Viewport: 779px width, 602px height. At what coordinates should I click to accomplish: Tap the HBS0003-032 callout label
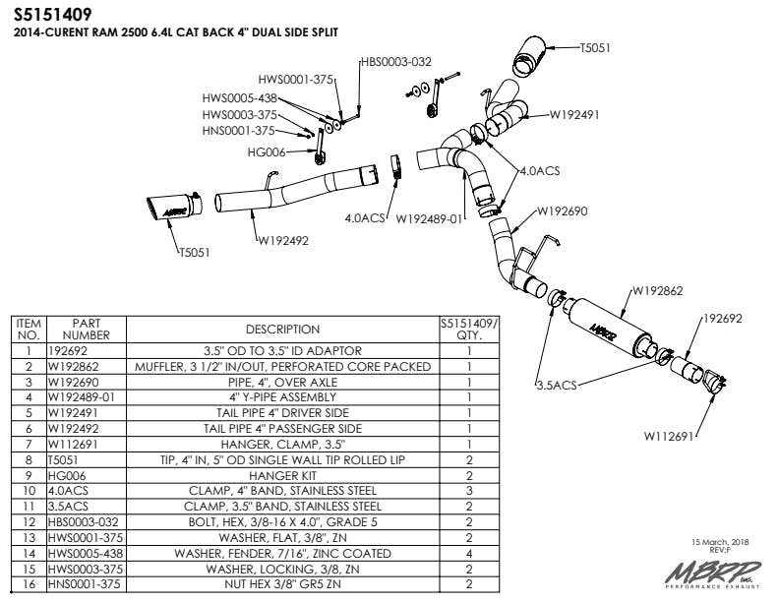396,61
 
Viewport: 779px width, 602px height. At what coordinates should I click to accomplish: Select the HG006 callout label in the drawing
267,152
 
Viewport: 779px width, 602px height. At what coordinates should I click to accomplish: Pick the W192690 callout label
562,211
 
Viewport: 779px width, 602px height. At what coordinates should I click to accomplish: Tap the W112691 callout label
670,434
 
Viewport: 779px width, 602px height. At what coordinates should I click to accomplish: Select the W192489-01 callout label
429,217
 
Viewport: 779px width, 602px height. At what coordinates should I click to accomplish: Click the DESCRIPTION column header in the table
282,330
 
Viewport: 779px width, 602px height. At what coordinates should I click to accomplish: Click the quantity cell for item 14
469,554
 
